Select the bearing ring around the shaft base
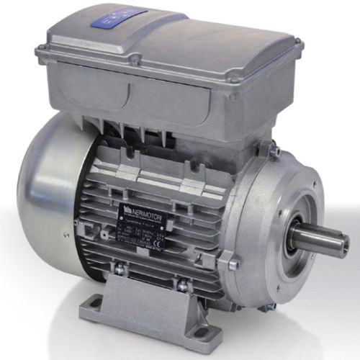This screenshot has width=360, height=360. (294, 241)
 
